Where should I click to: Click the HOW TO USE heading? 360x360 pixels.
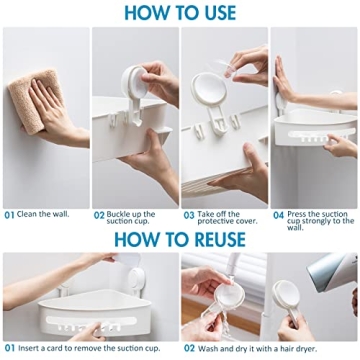[x=180, y=12]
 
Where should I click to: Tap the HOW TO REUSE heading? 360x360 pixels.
[x=180, y=239]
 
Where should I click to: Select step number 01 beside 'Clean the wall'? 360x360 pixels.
[x=9, y=214]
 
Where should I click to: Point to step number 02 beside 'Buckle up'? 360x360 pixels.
[x=100, y=214]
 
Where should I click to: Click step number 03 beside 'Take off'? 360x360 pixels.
[x=189, y=214]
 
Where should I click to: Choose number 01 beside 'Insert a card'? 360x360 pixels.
[x=9, y=348]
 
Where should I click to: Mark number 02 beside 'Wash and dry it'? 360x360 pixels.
[x=188, y=348]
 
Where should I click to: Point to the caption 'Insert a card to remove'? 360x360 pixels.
[x=95, y=348]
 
